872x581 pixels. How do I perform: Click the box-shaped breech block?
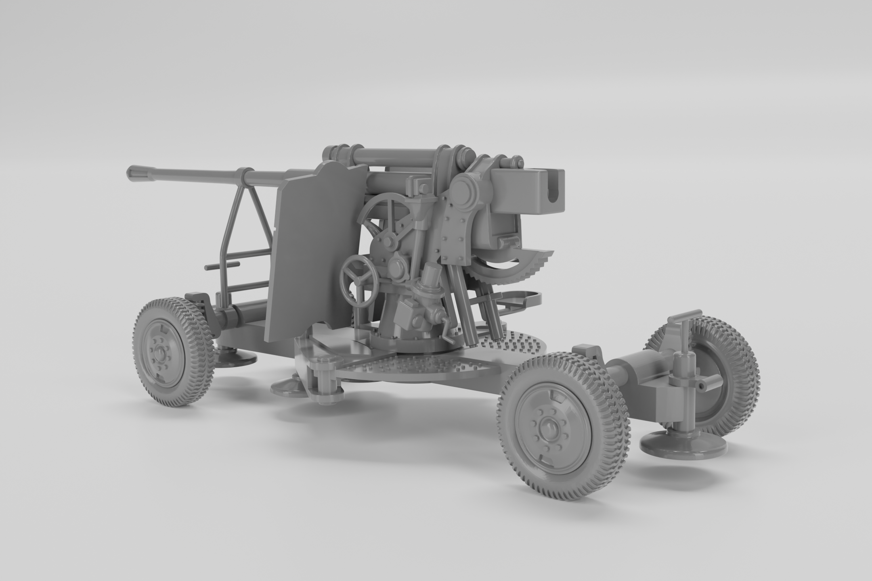click(x=527, y=192)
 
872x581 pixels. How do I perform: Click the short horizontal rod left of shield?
click(x=222, y=266)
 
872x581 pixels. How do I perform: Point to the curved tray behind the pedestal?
click(x=521, y=299)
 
